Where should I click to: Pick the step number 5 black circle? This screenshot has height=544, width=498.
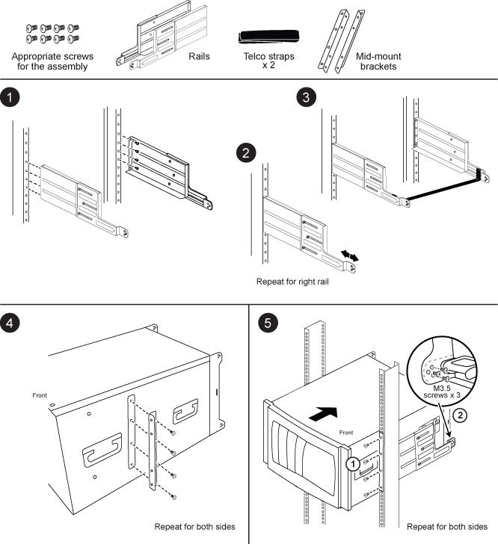[266, 322]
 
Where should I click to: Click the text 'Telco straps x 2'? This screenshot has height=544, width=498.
[268, 61]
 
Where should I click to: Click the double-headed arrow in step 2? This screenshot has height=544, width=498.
[348, 256]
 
